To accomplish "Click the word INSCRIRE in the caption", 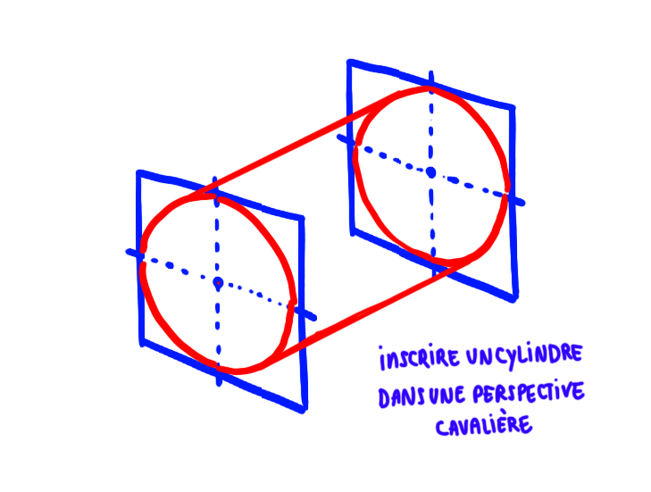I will click(419, 360).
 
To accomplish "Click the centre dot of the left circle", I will click(217, 283).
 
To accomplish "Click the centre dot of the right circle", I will click(430, 171).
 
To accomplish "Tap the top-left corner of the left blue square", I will click(138, 171).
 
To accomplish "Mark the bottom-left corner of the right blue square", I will click(353, 231).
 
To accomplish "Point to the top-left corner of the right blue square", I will click(349, 62).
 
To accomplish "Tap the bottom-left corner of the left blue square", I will click(141, 342).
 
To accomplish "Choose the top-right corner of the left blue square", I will click(302, 219).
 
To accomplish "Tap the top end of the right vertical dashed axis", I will click(431, 71).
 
